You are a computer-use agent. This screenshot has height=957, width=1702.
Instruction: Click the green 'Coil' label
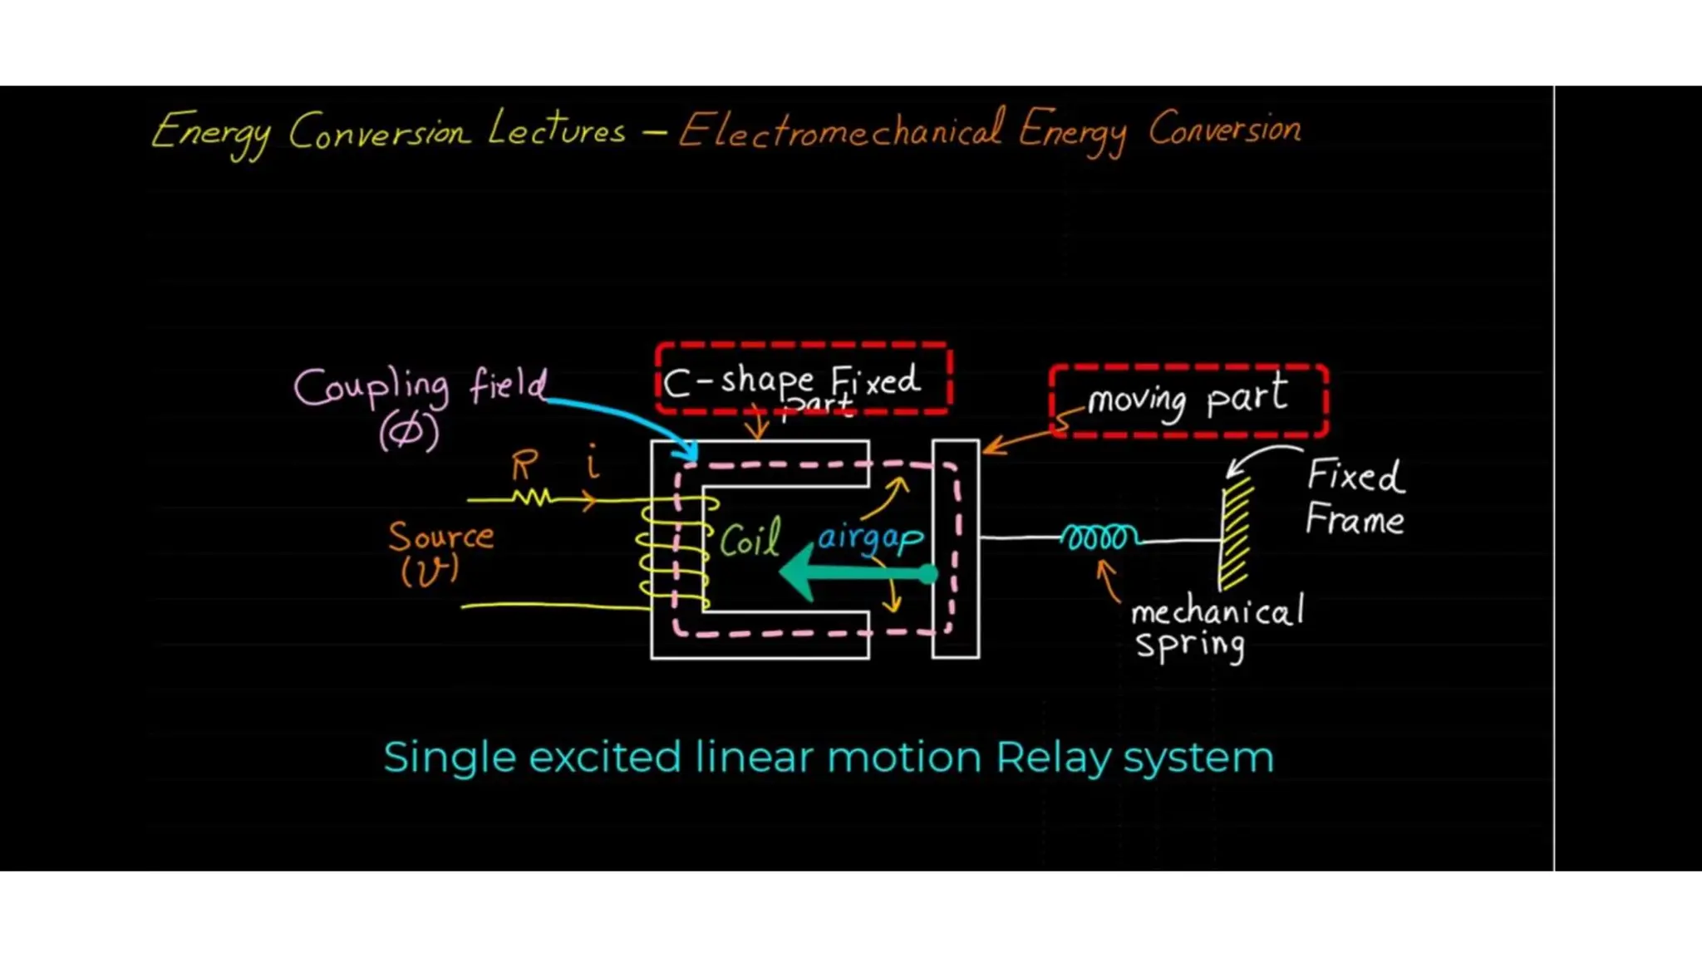(750, 541)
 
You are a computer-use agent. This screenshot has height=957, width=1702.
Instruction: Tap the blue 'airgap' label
(870, 538)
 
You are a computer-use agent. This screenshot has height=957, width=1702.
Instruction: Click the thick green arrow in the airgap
(856, 572)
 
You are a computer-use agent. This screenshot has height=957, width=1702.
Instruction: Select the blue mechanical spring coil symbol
(1099, 538)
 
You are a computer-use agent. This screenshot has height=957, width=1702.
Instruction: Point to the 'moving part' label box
(1188, 400)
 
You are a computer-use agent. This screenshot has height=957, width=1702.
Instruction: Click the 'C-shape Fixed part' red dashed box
(803, 379)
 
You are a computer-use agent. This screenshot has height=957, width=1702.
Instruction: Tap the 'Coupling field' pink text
(421, 387)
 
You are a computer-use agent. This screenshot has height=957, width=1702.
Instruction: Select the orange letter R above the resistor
(524, 465)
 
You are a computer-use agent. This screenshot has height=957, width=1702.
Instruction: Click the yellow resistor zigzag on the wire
(532, 498)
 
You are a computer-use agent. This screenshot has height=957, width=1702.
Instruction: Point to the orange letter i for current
(593, 462)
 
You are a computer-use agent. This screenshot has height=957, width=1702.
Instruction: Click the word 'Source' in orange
(440, 537)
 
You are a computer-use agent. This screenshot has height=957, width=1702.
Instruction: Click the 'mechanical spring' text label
(1215, 628)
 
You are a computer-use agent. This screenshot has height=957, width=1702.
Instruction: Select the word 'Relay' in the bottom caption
(1053, 758)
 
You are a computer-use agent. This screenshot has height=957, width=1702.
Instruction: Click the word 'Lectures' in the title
(556, 130)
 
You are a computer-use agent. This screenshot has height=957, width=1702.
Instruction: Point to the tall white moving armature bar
(955, 549)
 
